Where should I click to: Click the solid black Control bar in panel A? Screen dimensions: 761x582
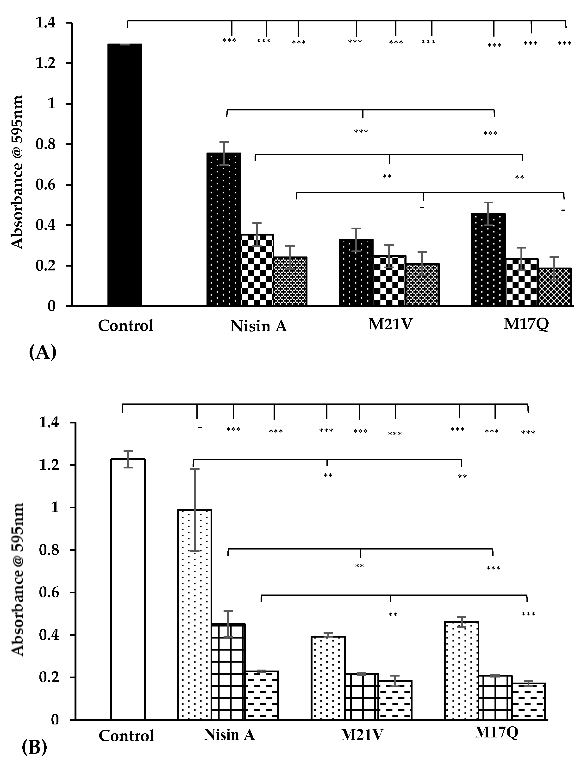click(125, 175)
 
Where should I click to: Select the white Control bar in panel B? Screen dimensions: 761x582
click(128, 589)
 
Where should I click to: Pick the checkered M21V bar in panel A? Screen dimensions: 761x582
click(389, 281)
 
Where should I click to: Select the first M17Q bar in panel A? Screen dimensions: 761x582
click(488, 260)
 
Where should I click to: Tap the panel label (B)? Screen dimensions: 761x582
click(34, 746)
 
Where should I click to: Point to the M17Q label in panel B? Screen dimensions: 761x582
click(496, 732)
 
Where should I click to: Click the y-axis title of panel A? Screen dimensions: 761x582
click(16, 172)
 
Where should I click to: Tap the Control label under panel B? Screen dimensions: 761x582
click(126, 736)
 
